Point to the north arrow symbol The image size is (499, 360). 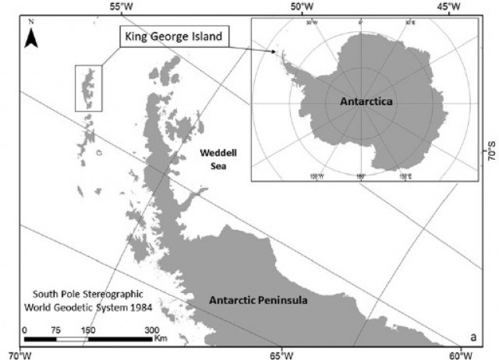(32, 37)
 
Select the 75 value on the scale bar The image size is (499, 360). (57, 330)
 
